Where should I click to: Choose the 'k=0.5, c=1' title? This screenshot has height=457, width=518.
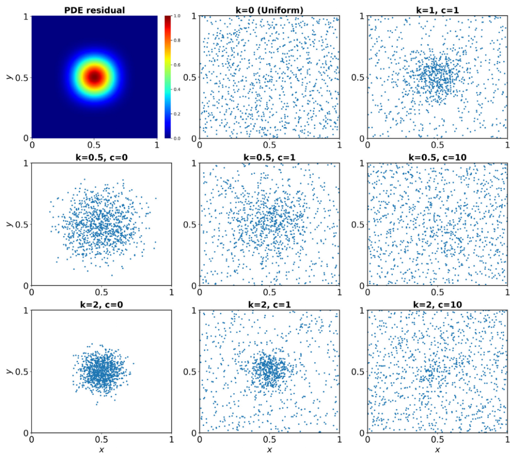269,156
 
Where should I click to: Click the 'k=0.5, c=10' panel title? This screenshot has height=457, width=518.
437,156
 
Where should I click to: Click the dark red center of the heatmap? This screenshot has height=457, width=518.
94,77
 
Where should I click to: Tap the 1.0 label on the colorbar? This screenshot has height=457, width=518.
177,16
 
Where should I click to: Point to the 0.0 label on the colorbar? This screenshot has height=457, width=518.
177,138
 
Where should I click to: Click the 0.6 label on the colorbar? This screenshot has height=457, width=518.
177,65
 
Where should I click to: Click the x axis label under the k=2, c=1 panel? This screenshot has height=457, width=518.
269,450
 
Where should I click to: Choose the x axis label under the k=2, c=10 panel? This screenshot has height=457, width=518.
437,450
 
